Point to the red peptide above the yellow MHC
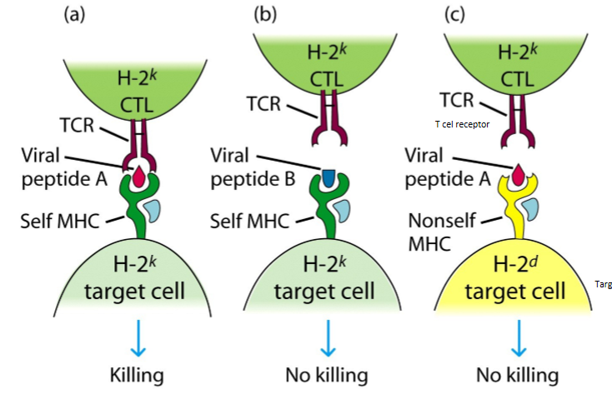pyautogui.click(x=519, y=173)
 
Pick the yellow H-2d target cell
pyautogui.click(x=520, y=283)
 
